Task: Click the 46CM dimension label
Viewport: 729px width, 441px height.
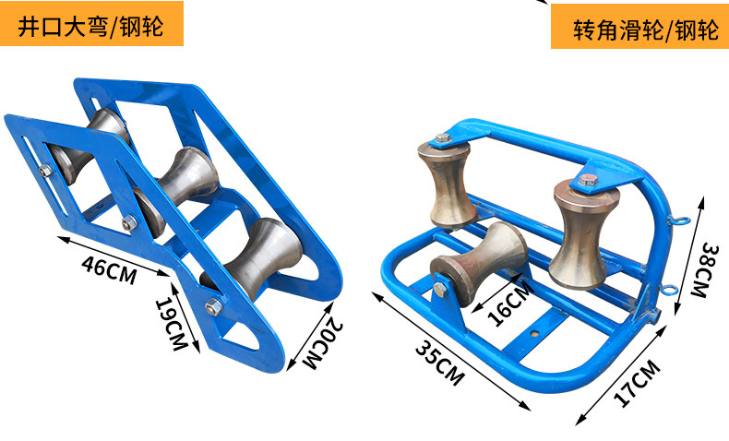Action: click(109, 270)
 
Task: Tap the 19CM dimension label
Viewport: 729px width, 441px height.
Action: click(171, 324)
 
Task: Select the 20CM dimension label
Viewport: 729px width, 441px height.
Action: click(322, 343)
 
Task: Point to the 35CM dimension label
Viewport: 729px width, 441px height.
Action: click(439, 363)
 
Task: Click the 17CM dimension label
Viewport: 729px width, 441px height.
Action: click(638, 383)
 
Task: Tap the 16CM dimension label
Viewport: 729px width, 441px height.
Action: click(510, 304)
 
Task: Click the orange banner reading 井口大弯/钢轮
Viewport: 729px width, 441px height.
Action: click(91, 24)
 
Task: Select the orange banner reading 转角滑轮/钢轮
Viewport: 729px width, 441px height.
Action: click(639, 27)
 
